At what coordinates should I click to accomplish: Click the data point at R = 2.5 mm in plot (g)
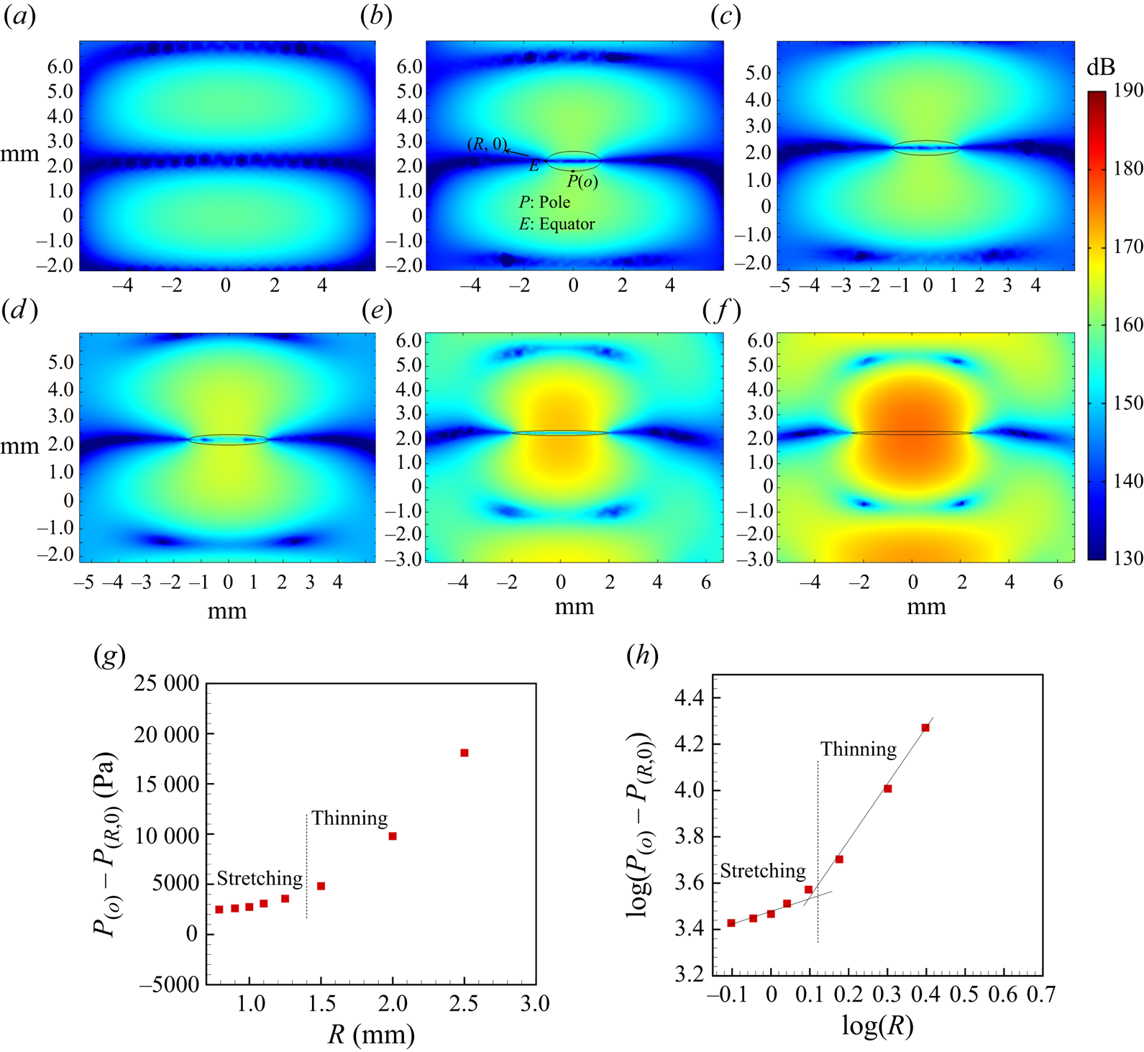(465, 753)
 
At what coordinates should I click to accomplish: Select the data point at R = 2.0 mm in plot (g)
(393, 836)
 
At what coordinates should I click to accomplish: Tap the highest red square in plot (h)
(925, 728)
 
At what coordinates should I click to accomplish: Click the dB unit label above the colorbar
(1100, 68)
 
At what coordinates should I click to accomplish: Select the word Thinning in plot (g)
(349, 818)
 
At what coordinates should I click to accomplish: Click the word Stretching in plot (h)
(763, 872)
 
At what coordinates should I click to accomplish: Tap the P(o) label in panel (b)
(582, 182)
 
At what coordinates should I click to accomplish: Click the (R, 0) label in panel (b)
(487, 145)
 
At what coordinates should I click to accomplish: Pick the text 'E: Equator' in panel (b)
(557, 224)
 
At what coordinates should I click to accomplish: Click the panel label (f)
(721, 311)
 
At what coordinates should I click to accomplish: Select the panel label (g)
(110, 655)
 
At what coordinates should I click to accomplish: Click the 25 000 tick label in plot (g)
(167, 684)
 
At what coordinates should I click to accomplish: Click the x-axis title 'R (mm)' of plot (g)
(372, 1035)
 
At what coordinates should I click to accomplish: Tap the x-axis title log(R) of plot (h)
(878, 1026)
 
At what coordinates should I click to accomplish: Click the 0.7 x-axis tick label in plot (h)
(1041, 994)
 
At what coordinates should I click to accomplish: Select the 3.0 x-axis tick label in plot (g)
(535, 1004)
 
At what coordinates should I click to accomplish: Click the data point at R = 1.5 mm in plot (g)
(321, 886)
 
